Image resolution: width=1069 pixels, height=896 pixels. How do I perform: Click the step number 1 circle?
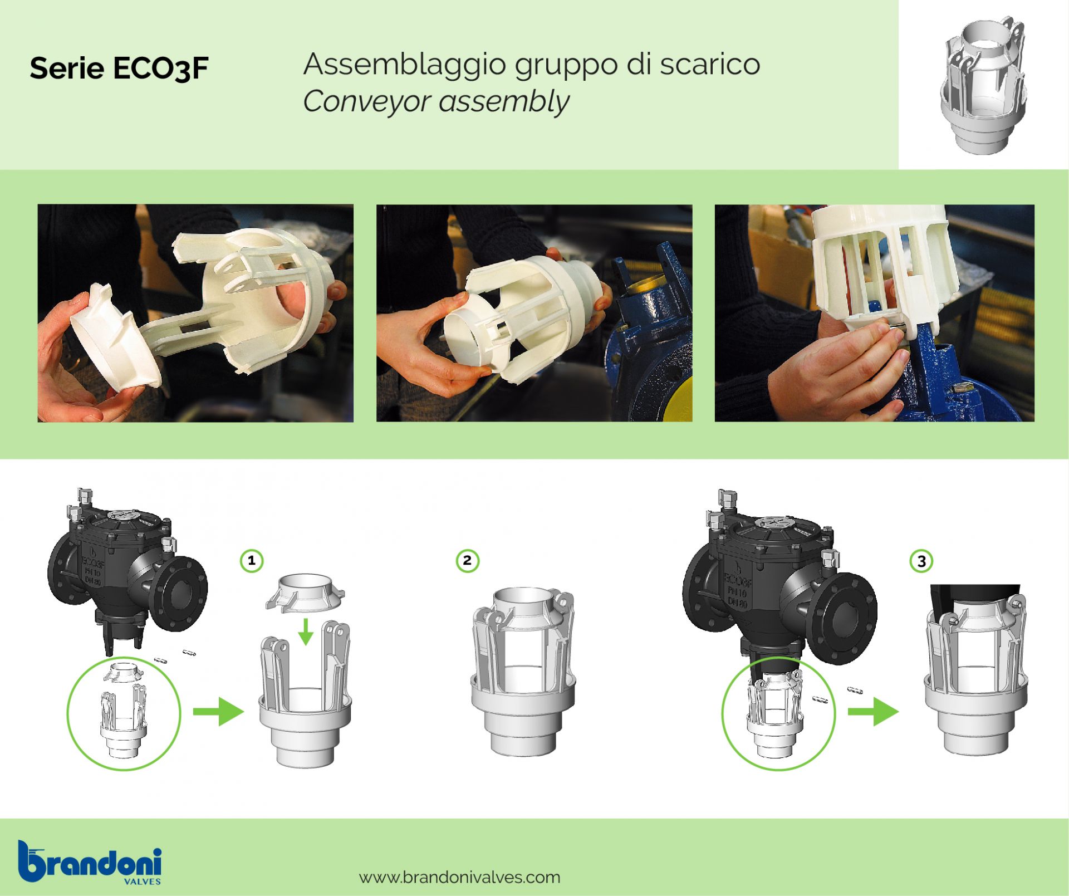click(252, 560)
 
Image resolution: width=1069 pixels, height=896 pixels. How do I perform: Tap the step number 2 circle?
click(467, 560)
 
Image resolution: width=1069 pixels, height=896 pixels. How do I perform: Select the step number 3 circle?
click(921, 561)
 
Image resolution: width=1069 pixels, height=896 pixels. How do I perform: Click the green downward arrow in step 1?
click(305, 630)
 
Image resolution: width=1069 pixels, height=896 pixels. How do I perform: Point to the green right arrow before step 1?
click(218, 711)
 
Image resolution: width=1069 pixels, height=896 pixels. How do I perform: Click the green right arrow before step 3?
click(873, 711)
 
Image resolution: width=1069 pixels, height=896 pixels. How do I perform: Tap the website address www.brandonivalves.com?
click(460, 878)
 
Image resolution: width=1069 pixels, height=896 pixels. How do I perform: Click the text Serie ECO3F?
click(119, 68)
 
